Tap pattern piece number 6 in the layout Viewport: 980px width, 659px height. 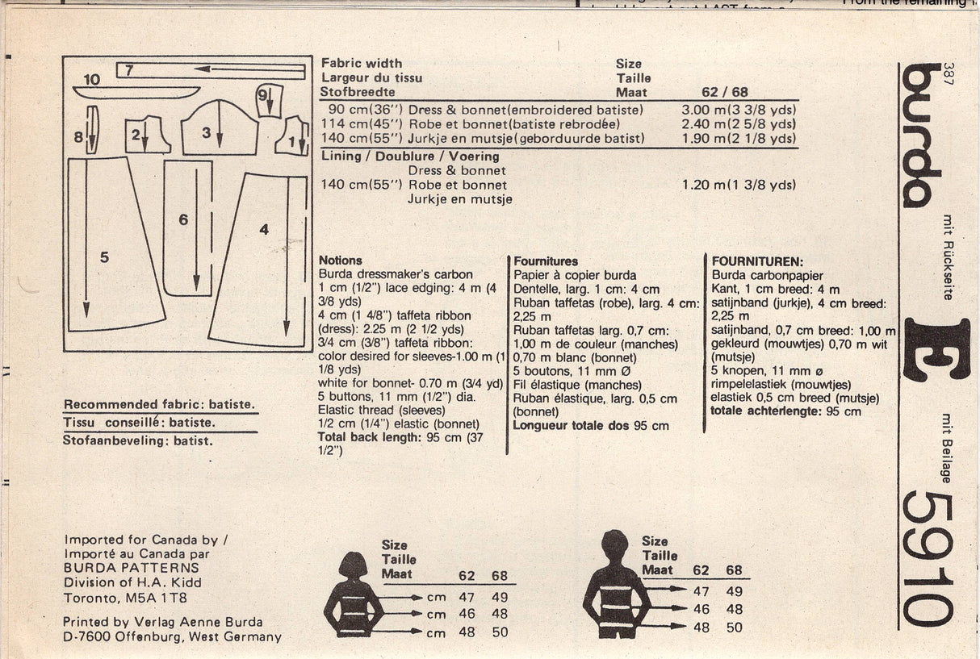(x=188, y=226)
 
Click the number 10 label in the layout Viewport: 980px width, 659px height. (x=91, y=79)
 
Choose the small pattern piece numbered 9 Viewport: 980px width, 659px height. (x=269, y=100)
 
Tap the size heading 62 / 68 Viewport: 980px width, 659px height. (x=725, y=93)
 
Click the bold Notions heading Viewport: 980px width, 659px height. (x=341, y=261)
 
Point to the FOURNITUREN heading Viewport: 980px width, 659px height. (x=756, y=261)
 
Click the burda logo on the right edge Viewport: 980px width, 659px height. (x=922, y=133)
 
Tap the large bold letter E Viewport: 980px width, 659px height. (x=936, y=348)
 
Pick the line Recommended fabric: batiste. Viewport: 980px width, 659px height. (x=159, y=404)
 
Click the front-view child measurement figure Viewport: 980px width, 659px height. (x=353, y=594)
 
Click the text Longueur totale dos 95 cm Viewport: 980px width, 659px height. (x=591, y=425)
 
